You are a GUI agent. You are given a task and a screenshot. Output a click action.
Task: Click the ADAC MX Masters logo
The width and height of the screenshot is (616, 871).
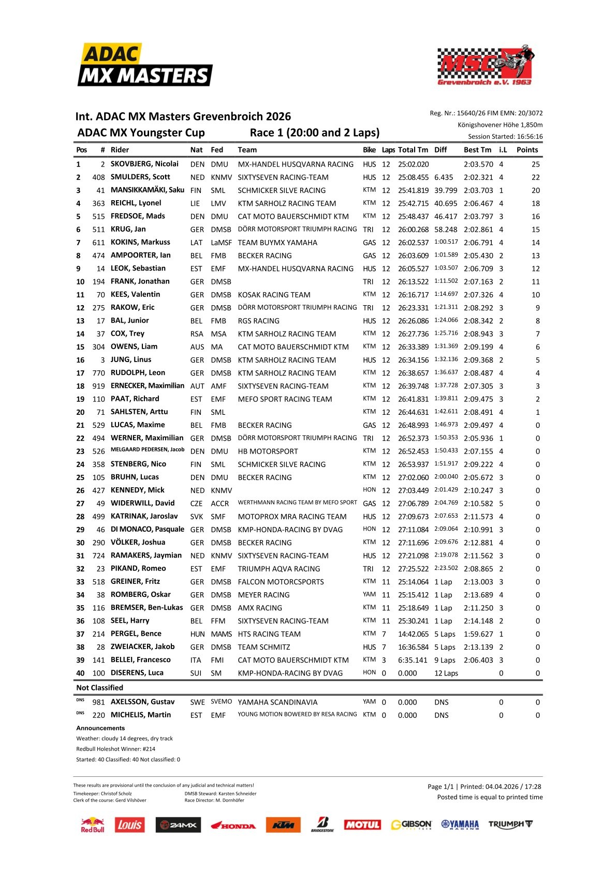tap(144, 65)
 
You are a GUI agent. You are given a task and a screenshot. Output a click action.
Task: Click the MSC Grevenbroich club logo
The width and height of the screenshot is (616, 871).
tap(485, 65)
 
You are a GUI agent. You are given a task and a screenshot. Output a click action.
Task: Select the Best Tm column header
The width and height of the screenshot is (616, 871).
tap(477, 150)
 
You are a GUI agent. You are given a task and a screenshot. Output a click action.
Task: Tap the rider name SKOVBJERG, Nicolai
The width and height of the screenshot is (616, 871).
tap(144, 164)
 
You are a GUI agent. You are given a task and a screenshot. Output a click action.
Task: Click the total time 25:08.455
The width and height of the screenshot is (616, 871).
tap(413, 177)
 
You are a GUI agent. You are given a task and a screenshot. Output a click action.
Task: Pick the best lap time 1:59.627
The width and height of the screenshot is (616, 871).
tap(478, 634)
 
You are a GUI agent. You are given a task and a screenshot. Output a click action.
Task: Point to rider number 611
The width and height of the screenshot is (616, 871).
tap(98, 243)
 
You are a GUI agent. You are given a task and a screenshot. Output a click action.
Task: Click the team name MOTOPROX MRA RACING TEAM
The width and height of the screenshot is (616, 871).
tap(292, 517)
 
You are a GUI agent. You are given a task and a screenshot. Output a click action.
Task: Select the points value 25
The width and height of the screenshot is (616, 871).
tap(535, 164)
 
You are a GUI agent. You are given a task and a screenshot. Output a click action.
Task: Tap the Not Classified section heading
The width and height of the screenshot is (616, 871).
tap(100, 688)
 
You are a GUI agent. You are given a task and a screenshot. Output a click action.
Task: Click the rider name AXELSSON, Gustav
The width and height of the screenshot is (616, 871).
tap(142, 702)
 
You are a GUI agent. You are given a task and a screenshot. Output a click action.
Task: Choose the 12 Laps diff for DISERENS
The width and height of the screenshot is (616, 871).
tap(446, 673)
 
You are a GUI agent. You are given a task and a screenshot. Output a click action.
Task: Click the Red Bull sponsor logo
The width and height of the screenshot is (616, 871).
tap(93, 824)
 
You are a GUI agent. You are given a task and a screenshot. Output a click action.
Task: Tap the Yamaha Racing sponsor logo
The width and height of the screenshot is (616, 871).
tap(460, 824)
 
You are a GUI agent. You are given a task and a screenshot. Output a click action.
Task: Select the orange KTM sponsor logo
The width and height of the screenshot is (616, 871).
tap(283, 825)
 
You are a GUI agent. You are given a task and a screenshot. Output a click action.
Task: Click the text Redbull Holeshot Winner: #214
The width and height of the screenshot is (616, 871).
tap(115, 749)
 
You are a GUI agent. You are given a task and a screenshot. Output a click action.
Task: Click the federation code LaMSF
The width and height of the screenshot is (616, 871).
tap(221, 243)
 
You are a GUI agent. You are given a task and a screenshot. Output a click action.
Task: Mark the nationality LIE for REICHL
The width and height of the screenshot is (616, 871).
tap(195, 204)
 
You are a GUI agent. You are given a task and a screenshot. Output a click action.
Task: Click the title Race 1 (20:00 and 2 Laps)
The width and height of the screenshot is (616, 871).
tap(314, 133)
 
